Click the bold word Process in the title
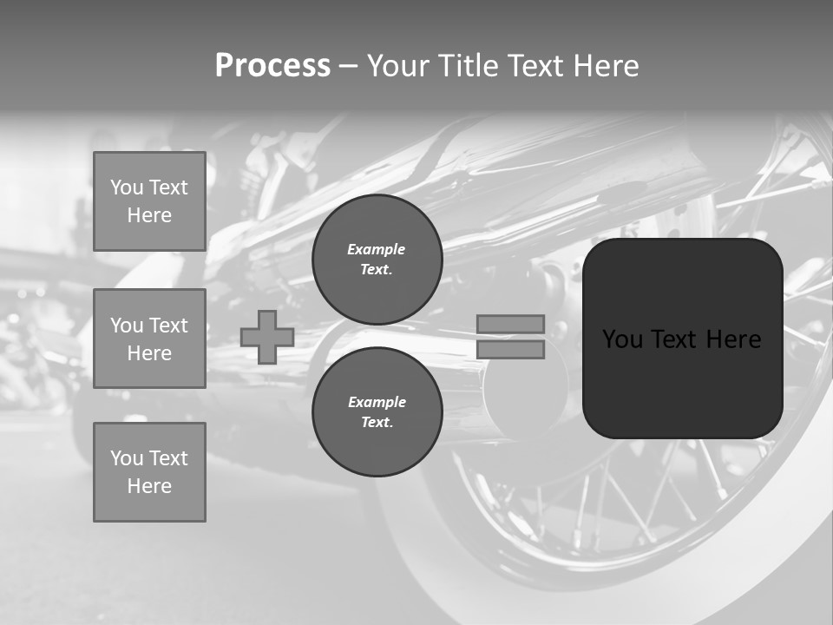272,66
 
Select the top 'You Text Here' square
149,201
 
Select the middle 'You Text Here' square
149,339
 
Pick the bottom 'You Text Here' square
149,472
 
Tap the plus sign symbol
266,337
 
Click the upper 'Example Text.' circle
377,260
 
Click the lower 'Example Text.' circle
377,412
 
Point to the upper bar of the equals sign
510,324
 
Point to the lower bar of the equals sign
510,350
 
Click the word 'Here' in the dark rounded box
733,339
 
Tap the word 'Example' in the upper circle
376,249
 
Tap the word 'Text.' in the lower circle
377,423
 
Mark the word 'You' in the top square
127,187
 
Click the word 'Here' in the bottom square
149,486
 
